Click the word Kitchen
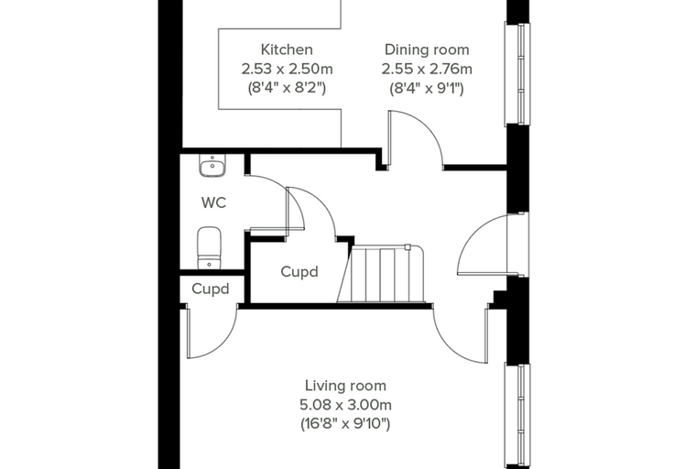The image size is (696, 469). pyautogui.click(x=287, y=49)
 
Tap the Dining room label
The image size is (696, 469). pyautogui.click(x=427, y=49)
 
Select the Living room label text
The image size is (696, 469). pyautogui.click(x=345, y=386)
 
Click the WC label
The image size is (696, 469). pyautogui.click(x=213, y=202)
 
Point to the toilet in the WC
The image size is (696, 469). pyautogui.click(x=209, y=248)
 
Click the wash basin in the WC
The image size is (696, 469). pyautogui.click(x=212, y=166)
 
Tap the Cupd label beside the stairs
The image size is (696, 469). pyautogui.click(x=299, y=271)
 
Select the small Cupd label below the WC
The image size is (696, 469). pyautogui.click(x=211, y=289)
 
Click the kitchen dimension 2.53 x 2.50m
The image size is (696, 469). pyautogui.click(x=287, y=69)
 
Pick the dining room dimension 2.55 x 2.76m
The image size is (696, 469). pyautogui.click(x=427, y=69)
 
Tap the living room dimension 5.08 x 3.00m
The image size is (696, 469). pyautogui.click(x=345, y=405)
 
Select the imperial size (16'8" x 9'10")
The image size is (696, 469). pyautogui.click(x=345, y=424)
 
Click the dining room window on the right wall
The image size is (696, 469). pyautogui.click(x=517, y=73)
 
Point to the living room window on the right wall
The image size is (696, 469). pyautogui.click(x=517, y=416)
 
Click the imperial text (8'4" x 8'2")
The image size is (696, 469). pyautogui.click(x=287, y=88)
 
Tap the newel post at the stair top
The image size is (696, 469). pyautogui.click(x=408, y=247)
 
